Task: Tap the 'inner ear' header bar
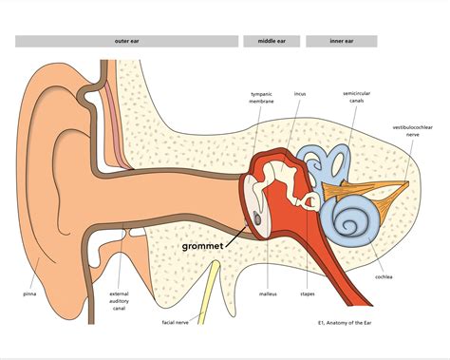[x=342, y=42]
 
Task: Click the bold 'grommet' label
[x=204, y=245]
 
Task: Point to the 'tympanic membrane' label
[x=261, y=98]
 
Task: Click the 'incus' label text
[x=300, y=94]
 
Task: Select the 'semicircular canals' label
[x=358, y=98]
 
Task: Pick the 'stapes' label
[x=308, y=294]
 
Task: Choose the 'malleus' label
[x=268, y=294]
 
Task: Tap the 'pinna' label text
[x=30, y=294]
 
